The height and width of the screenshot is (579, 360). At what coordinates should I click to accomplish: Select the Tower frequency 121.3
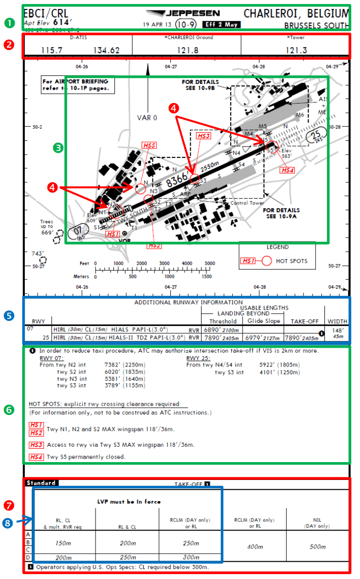pyautogui.click(x=296, y=50)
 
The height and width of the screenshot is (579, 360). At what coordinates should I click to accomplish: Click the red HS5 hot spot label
pyautogui.click(x=149, y=146)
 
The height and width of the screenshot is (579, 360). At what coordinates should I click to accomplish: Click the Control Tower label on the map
pyautogui.click(x=247, y=203)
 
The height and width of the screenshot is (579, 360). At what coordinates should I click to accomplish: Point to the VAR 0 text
pyautogui.click(x=147, y=118)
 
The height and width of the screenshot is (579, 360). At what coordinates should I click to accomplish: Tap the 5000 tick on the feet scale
pyautogui.click(x=210, y=263)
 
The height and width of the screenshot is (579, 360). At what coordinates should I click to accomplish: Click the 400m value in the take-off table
pyautogui.click(x=254, y=546)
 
